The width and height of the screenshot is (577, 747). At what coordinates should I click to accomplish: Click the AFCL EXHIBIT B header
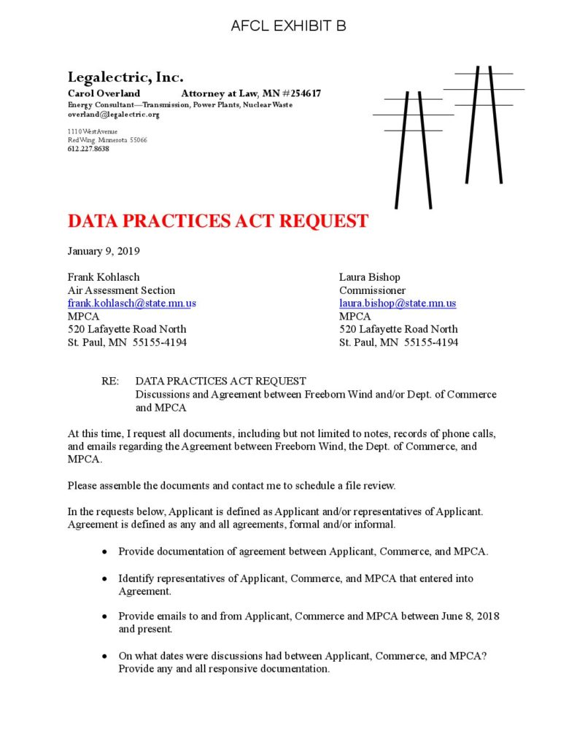point(288,26)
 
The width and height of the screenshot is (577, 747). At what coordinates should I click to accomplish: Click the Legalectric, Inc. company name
point(125,77)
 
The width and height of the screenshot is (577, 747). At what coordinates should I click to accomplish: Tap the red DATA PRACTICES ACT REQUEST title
point(217,221)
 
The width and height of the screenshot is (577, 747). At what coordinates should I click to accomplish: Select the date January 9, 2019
point(104,251)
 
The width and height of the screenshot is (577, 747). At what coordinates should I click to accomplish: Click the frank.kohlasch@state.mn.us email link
point(131,303)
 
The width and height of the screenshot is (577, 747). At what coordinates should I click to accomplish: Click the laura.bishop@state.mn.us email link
point(398,303)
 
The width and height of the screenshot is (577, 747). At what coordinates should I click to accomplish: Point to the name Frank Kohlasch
point(104,277)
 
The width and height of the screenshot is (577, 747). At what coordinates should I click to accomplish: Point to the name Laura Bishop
point(369,277)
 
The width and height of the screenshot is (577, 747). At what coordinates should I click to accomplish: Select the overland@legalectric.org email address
point(113,115)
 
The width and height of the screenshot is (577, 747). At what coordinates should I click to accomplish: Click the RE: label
point(110,381)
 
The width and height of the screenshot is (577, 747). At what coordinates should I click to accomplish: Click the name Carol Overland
point(104,93)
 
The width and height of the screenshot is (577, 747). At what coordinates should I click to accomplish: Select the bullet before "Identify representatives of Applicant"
point(107,579)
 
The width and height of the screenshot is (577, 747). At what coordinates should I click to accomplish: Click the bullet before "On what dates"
point(107,657)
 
